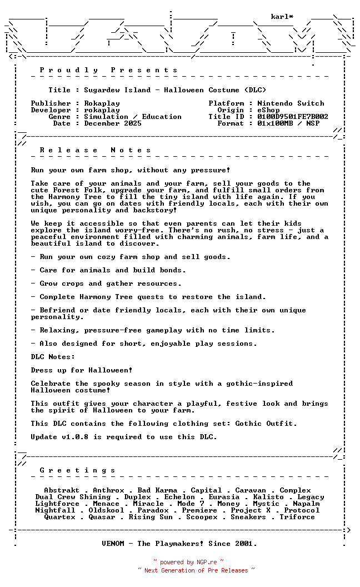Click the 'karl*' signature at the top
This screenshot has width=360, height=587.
tap(282, 17)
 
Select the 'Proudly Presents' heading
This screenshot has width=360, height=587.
tap(109, 70)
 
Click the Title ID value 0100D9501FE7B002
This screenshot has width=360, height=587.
tap(293, 117)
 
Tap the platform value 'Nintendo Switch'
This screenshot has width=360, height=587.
tap(291, 103)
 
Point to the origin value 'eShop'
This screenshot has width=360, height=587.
tap(268, 110)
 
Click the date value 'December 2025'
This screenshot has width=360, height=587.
tap(113, 123)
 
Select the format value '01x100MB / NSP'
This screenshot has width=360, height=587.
tap(288, 123)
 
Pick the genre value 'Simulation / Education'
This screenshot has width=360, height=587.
tap(133, 117)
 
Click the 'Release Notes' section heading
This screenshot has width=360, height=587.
tap(96, 150)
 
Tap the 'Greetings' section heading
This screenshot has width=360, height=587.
tap(78, 470)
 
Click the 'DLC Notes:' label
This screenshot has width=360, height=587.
tap(53, 357)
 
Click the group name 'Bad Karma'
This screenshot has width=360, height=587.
tap(157, 490)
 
